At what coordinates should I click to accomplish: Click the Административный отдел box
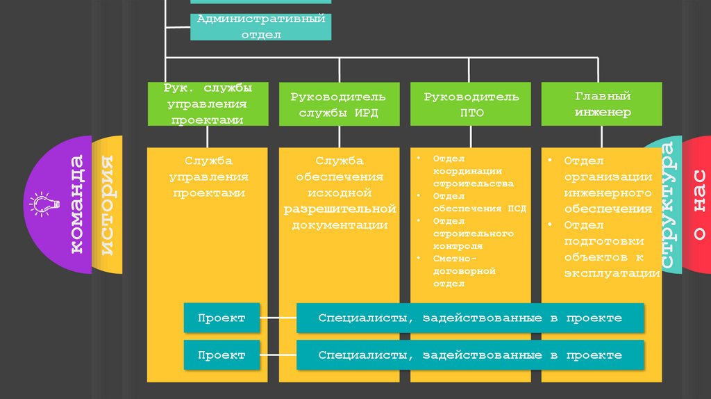click(x=260, y=26)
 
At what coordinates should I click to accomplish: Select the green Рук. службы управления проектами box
click(x=208, y=104)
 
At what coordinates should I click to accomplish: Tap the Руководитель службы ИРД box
click(x=340, y=104)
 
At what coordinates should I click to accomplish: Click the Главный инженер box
click(x=602, y=104)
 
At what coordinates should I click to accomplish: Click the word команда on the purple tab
click(x=76, y=204)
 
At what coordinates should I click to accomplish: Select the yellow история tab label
click(x=108, y=206)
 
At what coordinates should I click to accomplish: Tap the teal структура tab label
click(x=667, y=206)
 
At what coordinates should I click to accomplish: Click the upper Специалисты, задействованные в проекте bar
click(x=470, y=318)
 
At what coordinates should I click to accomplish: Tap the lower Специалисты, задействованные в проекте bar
click(x=470, y=355)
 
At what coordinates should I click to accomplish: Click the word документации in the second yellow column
click(x=340, y=225)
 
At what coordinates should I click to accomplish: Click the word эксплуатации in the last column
click(x=612, y=273)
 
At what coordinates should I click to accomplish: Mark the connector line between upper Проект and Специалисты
click(x=278, y=318)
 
